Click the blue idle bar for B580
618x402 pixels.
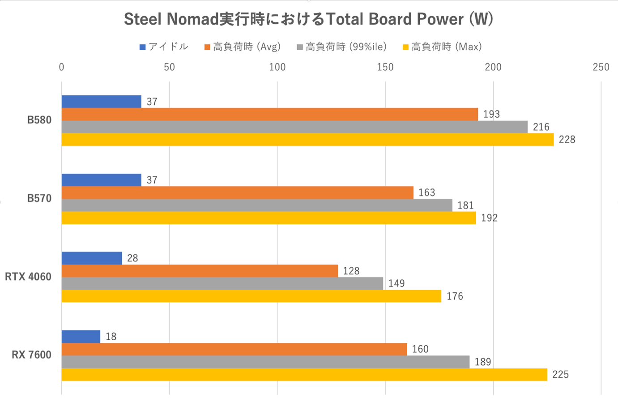click(101, 102)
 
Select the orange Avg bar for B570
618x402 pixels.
click(237, 192)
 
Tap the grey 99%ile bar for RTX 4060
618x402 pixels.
click(222, 283)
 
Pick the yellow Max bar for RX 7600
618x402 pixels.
click(304, 375)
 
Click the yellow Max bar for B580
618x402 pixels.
click(307, 140)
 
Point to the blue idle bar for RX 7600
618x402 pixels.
click(81, 337)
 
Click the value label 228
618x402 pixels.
click(567, 140)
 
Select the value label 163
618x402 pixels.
click(426, 192)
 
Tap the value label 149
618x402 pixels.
click(396, 283)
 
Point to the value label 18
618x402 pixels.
click(111, 337)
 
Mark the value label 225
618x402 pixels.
click(560, 375)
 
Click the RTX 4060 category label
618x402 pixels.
click(28, 277)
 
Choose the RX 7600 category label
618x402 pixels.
click(31, 355)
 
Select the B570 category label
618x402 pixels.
click(39, 198)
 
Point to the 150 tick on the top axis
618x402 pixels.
click(385, 67)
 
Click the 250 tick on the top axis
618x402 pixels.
click(601, 67)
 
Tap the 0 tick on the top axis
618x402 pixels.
click(61, 67)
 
